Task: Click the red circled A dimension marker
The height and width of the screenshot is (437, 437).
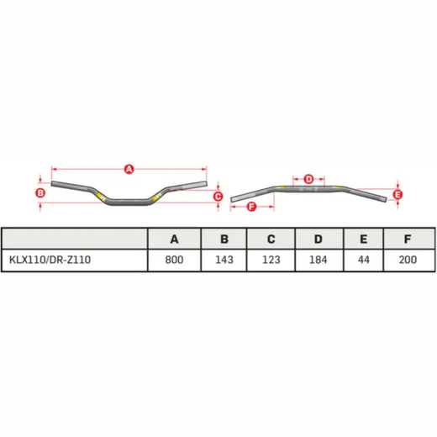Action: (x=129, y=169)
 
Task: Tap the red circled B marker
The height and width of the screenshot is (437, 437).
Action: (x=40, y=192)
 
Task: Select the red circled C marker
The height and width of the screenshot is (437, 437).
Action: (x=218, y=197)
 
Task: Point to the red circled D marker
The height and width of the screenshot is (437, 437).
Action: (x=308, y=179)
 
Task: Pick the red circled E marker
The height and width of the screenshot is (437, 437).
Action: (x=398, y=195)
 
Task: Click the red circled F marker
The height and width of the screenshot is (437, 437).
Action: (x=251, y=207)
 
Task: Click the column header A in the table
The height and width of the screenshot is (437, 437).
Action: (x=174, y=240)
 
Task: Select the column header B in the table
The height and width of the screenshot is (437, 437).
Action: (x=224, y=240)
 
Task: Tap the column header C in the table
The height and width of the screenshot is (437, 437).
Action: (x=271, y=240)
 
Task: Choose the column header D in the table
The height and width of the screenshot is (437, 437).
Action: (x=319, y=240)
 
